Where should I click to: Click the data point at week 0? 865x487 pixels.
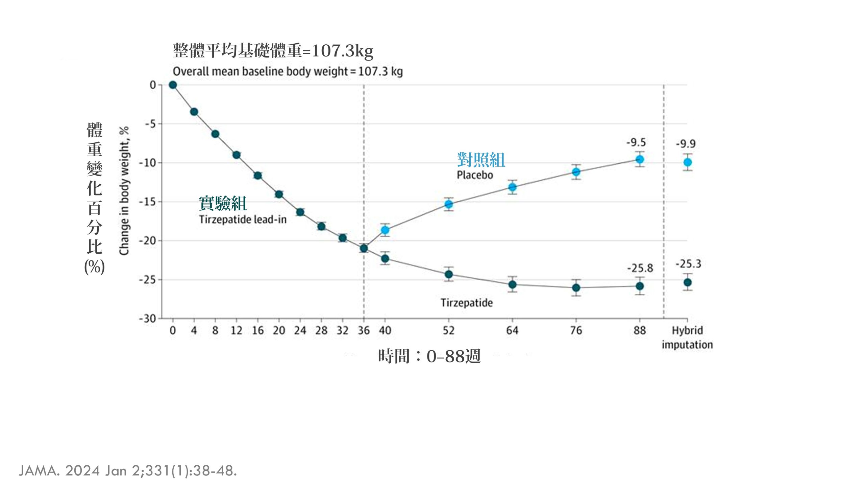coord(173,85)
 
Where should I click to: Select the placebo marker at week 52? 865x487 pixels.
coord(449,204)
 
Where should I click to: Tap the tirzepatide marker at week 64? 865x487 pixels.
coord(512,284)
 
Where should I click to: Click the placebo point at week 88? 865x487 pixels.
coord(640,159)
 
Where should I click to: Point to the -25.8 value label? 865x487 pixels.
coord(640,268)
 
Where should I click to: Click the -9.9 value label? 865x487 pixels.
coord(686,144)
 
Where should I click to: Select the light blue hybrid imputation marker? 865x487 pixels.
coord(688,162)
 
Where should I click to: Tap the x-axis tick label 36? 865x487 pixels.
coord(364,330)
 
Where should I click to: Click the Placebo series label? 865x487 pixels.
coord(475,175)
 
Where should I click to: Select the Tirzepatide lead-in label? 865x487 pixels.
coord(243,219)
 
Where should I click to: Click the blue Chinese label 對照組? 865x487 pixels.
coord(481,160)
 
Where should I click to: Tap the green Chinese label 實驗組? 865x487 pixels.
coord(223,203)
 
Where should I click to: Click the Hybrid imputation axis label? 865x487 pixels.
coord(687,338)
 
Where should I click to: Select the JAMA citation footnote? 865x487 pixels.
coord(128,471)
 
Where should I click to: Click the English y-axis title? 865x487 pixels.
coord(124,191)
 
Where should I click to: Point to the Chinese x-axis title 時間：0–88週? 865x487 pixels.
coord(429,356)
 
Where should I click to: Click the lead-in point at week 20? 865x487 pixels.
coord(279,194)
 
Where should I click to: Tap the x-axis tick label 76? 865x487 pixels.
coord(576,330)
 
